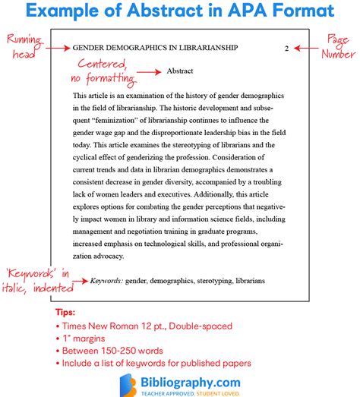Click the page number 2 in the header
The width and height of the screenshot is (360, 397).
(x=286, y=48)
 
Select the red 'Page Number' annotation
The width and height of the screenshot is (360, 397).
(x=338, y=49)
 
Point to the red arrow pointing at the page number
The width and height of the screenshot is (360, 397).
(x=308, y=48)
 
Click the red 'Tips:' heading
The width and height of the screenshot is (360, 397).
(x=66, y=312)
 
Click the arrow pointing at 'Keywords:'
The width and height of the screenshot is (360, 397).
(x=77, y=280)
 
